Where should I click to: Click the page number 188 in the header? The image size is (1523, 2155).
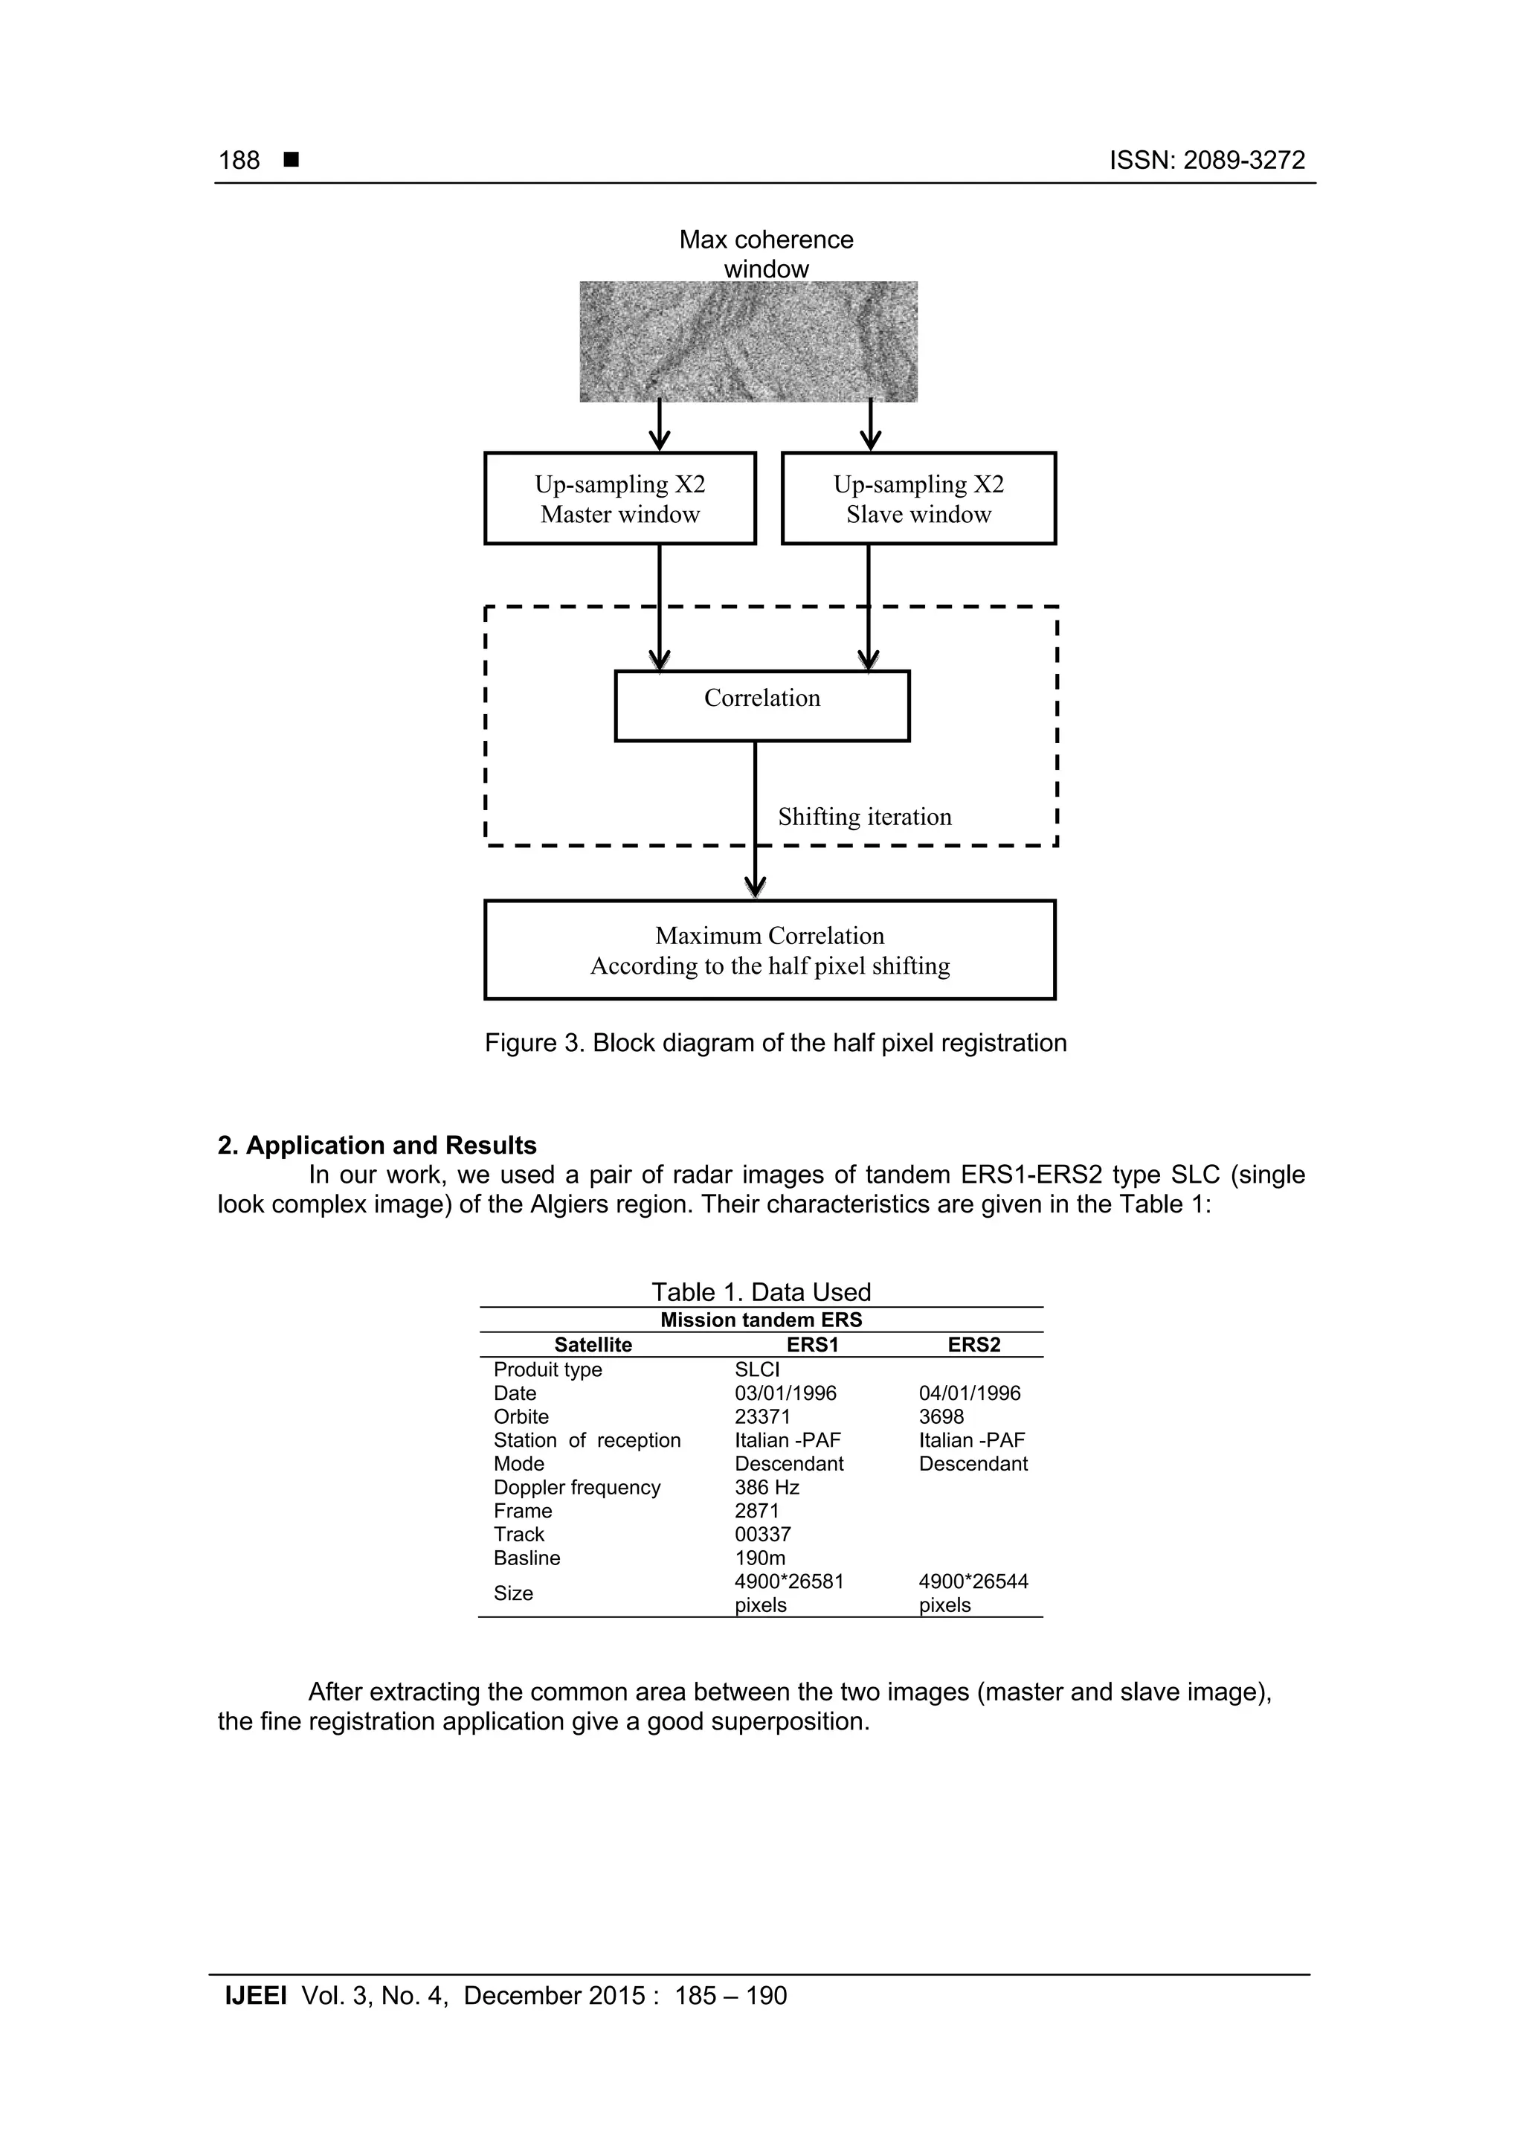click(x=239, y=161)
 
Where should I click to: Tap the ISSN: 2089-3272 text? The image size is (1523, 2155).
click(x=1207, y=161)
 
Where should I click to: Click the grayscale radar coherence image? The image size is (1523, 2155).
click(x=748, y=341)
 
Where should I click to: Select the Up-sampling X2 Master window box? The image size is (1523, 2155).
click(x=619, y=498)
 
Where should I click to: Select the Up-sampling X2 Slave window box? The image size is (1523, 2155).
click(x=918, y=498)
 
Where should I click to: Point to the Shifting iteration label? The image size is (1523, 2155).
click(x=864, y=817)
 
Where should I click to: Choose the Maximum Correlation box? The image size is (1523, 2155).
click(x=770, y=950)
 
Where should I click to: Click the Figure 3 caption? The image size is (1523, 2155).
click(x=775, y=1043)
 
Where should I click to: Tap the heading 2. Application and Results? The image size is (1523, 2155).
click(x=377, y=1145)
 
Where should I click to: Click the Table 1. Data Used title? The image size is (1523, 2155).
click(x=761, y=1291)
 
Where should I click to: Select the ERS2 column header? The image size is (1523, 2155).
click(x=973, y=1344)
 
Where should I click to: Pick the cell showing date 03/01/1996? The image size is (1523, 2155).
click(x=785, y=1393)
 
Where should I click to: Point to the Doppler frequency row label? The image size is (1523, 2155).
click(x=576, y=1487)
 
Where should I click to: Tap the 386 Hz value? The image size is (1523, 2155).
click(x=766, y=1487)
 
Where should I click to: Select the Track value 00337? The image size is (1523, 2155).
click(x=762, y=1534)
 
